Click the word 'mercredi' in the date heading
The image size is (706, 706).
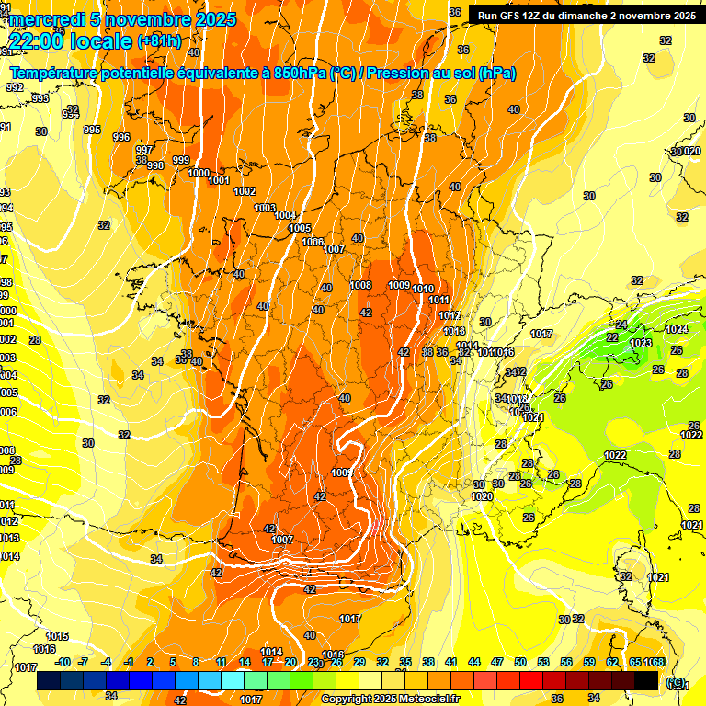(43, 19)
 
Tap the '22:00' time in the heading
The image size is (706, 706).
(39, 40)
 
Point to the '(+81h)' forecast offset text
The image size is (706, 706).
(159, 41)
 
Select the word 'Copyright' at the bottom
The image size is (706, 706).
(348, 699)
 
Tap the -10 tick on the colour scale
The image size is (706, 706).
(63, 662)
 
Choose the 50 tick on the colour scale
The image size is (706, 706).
(520, 662)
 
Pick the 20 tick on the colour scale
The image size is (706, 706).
(290, 662)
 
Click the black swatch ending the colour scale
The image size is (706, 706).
(646, 680)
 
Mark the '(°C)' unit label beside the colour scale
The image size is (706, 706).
(676, 681)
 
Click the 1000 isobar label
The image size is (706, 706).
(199, 173)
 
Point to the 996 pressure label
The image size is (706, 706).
(120, 137)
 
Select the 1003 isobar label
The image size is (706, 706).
(265, 208)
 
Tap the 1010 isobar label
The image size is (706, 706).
(423, 290)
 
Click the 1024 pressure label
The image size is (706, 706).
(677, 329)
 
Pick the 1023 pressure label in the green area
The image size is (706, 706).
(641, 343)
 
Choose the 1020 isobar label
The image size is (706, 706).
(482, 496)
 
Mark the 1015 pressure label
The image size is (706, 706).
(57, 636)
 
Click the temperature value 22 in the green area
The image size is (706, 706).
(612, 337)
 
